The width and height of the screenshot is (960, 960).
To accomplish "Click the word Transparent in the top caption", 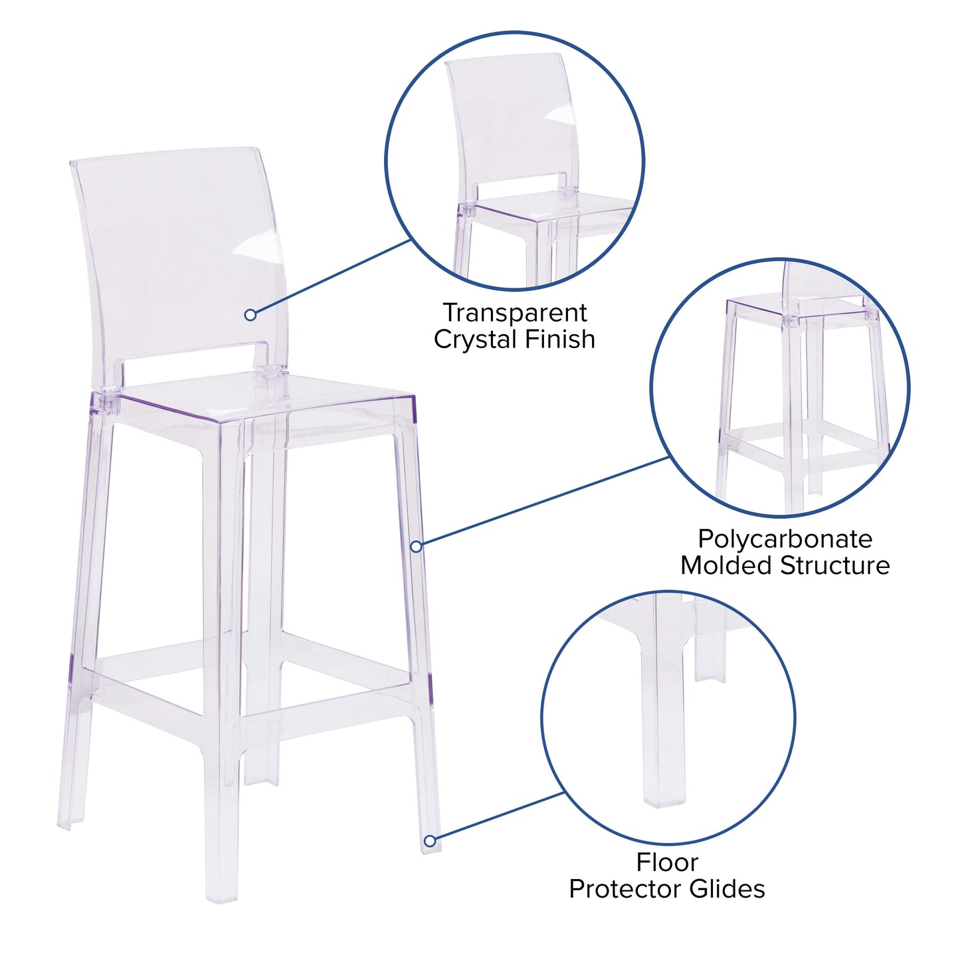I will coord(514,312).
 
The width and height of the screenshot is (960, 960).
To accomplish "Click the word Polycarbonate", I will coord(785,539).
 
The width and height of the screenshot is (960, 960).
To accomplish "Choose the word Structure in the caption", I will coord(835,565).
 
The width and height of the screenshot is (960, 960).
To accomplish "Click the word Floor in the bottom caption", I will coord(667,862).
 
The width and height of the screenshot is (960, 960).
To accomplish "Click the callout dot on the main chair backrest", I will coord(250,315).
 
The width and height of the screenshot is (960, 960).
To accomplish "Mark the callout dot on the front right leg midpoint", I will coord(416,546).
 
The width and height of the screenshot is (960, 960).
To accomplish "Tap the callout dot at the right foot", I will coord(430,841).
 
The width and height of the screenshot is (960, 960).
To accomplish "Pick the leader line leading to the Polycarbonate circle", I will coord(545,501).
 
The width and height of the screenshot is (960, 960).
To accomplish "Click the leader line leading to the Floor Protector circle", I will coord(498,816).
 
